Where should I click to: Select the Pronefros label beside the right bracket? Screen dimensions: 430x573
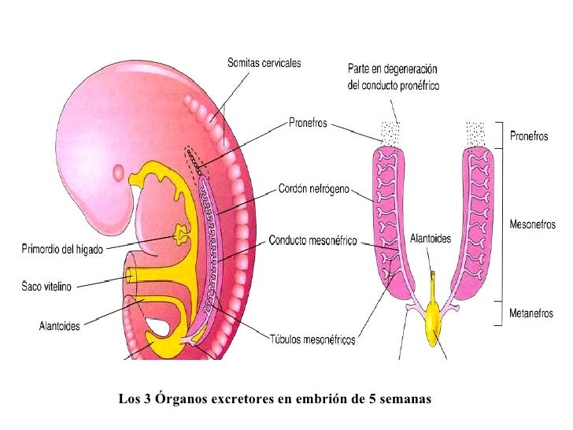(530, 135)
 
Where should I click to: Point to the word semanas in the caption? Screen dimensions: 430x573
(406, 398)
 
